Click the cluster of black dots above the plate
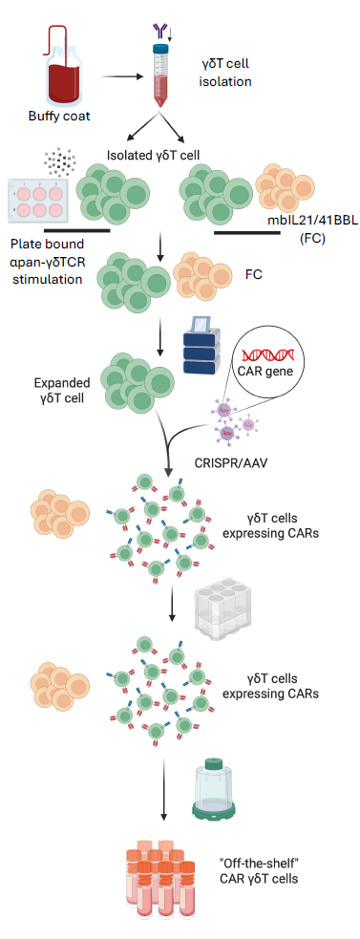coord(63,162)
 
